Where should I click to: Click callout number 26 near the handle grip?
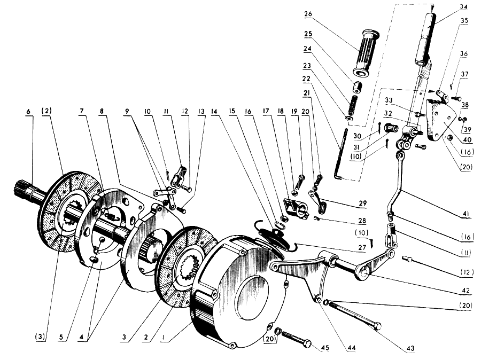coord(308,14)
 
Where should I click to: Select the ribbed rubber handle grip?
coord(366,53)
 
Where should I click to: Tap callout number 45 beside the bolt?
coord(325,348)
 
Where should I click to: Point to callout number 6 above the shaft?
coord(28,111)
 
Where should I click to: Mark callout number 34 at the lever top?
coord(463,7)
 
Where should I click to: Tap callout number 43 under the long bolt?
coord(410,348)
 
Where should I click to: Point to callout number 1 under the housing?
coord(164,338)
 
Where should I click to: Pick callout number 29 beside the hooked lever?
coord(362,203)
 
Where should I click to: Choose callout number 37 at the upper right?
coord(464,74)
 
